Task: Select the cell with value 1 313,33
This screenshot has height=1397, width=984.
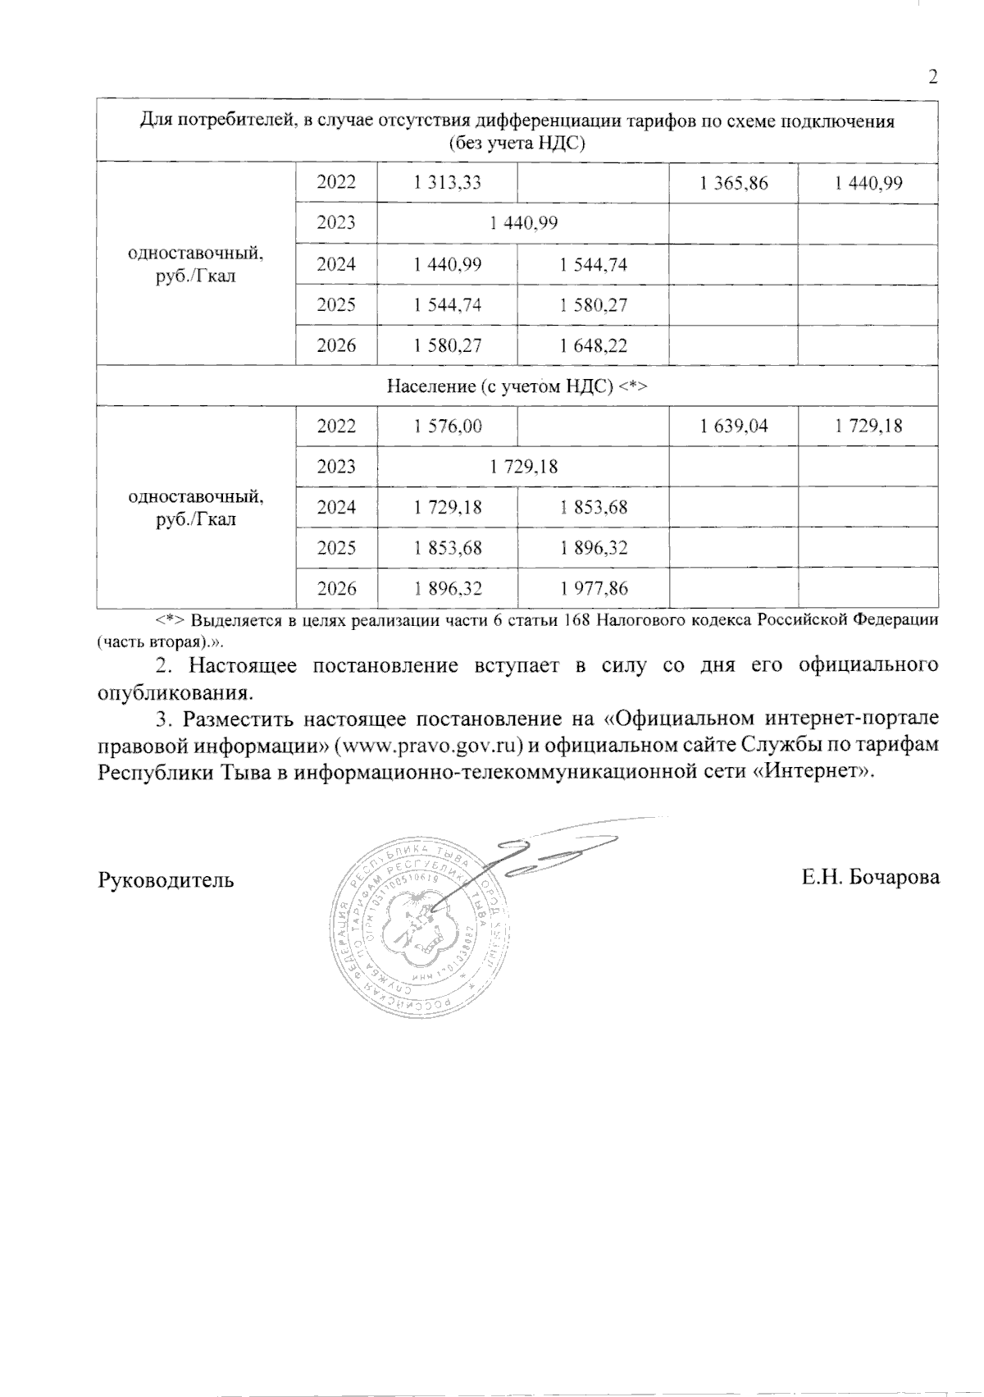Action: (448, 183)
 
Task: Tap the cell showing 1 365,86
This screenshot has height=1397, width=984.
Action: (734, 183)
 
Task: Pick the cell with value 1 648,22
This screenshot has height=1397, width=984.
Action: (594, 345)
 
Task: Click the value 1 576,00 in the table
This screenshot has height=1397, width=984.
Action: (448, 426)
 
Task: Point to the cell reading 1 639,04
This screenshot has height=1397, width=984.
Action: (734, 426)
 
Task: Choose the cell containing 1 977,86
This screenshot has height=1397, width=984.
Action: (594, 587)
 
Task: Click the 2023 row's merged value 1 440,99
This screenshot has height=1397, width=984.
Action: (523, 223)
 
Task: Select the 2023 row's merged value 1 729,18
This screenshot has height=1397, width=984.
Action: (523, 466)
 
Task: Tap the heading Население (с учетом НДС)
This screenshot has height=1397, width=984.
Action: (517, 386)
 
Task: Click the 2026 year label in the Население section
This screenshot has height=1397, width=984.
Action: (336, 587)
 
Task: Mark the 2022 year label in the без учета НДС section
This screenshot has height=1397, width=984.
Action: (336, 183)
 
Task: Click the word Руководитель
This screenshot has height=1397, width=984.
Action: (166, 880)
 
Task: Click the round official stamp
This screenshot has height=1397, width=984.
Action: (418, 927)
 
